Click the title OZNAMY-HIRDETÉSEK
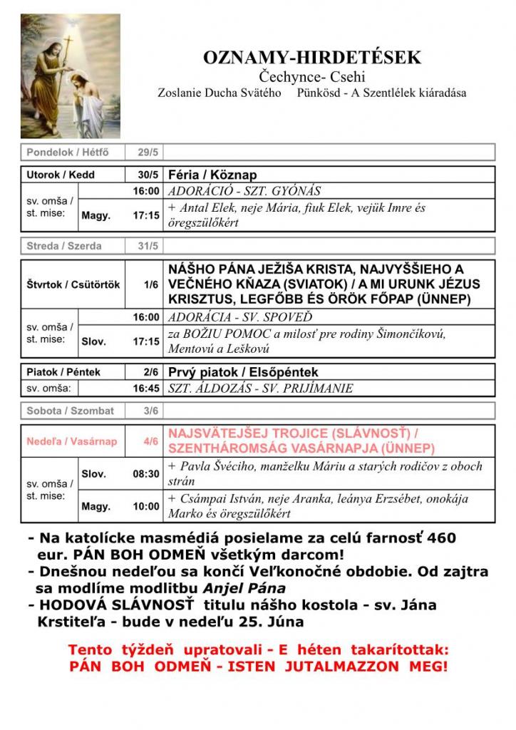coord(312,57)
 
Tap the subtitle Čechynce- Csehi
coord(312,76)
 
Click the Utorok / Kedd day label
coord(61,175)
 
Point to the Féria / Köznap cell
coord(212,175)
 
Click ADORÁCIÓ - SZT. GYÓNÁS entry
coord(244,191)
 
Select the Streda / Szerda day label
coord(64,246)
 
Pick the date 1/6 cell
coord(150,284)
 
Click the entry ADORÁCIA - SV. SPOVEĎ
coord(239,317)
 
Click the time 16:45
coord(146,389)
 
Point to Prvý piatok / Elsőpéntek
coord(243,372)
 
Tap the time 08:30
coord(146,473)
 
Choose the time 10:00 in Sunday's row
coord(146,506)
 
